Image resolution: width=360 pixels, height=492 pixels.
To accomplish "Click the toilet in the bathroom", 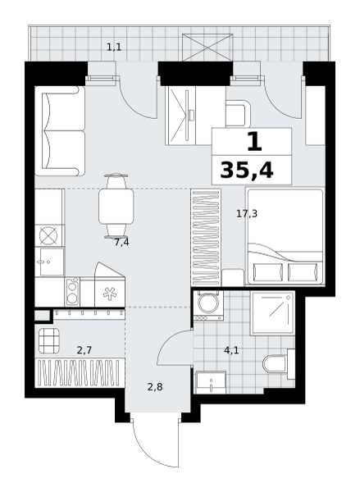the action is (279, 364).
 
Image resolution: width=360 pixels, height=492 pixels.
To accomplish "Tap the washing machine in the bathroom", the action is (209, 305).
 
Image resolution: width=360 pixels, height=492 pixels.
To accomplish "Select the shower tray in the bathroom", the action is (273, 313).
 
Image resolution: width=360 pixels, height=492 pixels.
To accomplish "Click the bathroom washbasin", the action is (211, 382).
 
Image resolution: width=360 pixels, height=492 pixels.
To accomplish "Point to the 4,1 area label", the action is (231, 350).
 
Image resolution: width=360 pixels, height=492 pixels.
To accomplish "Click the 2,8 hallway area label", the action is (155, 387).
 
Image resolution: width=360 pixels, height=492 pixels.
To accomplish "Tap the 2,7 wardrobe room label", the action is (84, 350).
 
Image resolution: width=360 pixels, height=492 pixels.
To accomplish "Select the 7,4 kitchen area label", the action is (121, 243).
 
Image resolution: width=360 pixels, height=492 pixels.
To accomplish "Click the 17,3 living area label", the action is (247, 214).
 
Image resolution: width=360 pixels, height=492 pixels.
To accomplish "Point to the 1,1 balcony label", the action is (114, 48).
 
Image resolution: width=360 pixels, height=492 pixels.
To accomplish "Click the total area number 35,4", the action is (247, 171).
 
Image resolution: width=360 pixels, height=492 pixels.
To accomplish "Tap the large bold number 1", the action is (254, 142).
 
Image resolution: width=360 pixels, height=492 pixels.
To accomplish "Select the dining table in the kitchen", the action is (116, 206).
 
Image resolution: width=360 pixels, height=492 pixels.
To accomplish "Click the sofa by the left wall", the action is (60, 131).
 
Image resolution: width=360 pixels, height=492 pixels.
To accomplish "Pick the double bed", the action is (285, 237).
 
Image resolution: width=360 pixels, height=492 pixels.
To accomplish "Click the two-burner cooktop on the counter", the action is (72, 292).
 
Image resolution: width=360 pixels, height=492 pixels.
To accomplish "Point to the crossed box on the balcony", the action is (207, 48).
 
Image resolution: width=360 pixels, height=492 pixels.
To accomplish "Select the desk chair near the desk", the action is (238, 114).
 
